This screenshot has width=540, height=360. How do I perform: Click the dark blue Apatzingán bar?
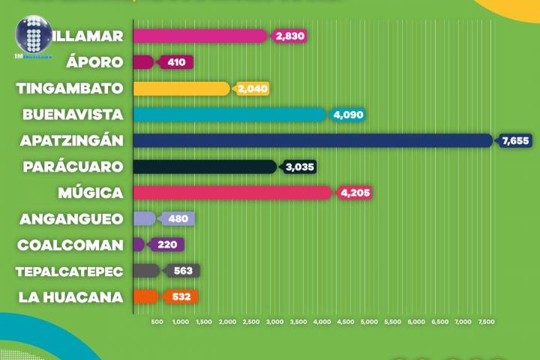311,140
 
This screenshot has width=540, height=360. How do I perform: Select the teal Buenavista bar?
229,114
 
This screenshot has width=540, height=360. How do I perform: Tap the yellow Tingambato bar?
181,88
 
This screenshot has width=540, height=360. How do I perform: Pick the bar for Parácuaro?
204,166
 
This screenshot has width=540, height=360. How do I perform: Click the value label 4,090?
348,115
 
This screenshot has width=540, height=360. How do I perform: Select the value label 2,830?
290,36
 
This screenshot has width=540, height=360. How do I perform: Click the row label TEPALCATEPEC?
69,271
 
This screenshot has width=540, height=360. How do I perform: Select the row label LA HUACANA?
70,297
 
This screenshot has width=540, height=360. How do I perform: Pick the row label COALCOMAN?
70,245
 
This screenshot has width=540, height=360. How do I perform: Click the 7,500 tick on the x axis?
485,322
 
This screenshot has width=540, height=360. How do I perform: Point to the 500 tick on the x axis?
157,322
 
